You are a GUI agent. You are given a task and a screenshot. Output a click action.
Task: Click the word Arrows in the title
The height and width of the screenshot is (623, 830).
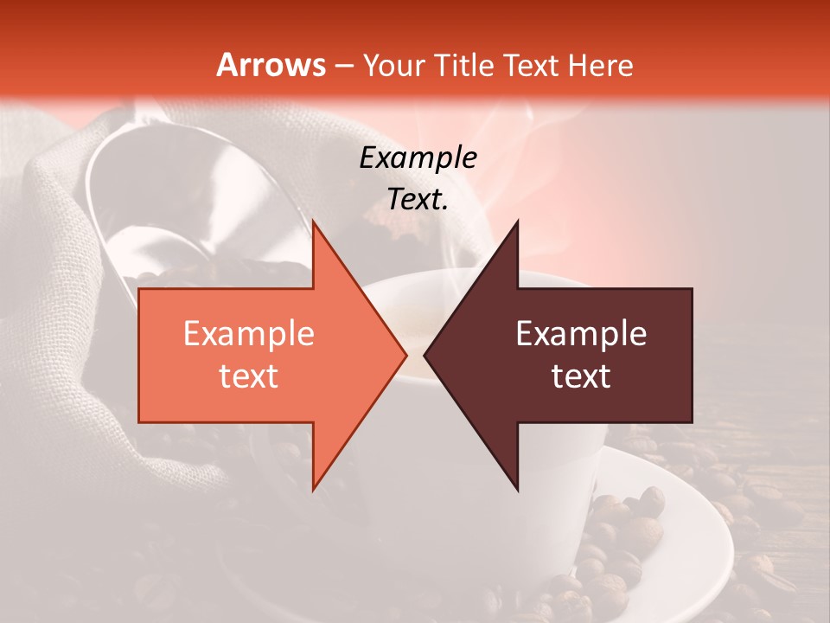(271, 65)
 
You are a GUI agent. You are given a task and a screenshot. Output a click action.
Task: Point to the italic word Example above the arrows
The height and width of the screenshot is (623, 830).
(418, 157)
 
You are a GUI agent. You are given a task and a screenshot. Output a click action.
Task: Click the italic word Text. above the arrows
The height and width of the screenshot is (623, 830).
(418, 199)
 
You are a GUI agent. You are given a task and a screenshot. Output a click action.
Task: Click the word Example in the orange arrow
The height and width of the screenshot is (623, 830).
(248, 334)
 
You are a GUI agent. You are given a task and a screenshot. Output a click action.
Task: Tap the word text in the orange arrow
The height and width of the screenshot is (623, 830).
(248, 376)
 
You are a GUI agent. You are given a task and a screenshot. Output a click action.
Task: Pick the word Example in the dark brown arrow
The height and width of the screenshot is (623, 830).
(581, 334)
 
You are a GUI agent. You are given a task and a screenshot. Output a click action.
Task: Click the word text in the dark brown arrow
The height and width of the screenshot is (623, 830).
(581, 376)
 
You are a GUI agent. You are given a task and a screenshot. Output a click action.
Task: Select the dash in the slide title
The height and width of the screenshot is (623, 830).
(343, 66)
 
